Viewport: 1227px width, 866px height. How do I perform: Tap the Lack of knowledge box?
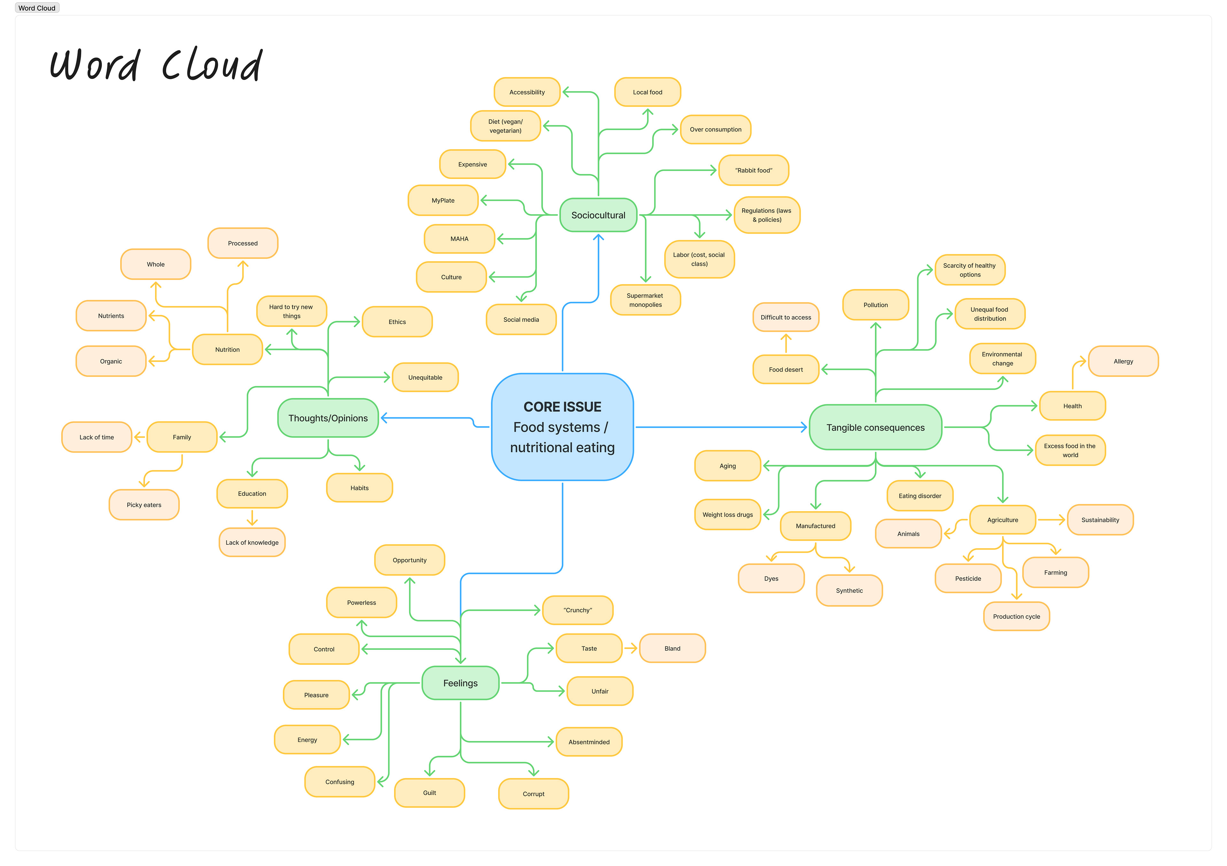[x=252, y=542]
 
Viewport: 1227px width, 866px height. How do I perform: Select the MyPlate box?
[x=443, y=200]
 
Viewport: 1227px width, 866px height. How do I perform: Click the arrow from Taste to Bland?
[x=631, y=648]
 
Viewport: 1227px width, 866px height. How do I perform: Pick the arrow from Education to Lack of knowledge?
[x=252, y=518]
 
